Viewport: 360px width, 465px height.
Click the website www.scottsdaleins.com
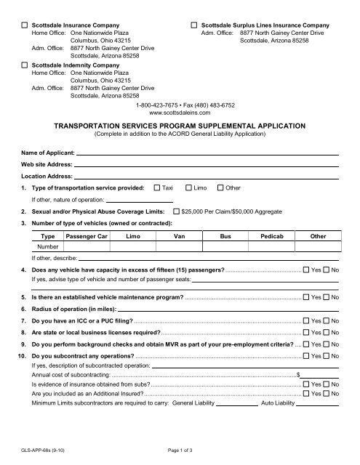point(179,113)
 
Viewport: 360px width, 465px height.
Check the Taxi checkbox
point(157,188)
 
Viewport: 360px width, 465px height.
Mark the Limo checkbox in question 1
point(189,188)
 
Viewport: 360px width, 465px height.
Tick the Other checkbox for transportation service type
point(221,188)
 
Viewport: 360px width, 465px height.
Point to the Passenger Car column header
point(87,236)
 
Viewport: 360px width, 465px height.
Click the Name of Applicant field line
point(207,153)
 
